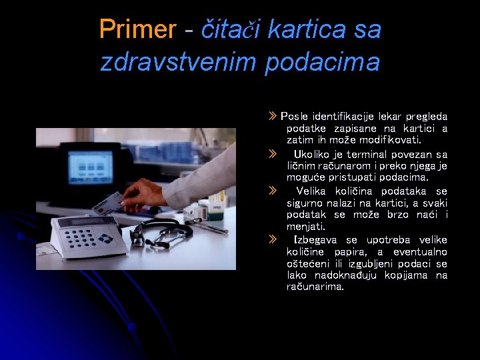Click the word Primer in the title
click(137, 29)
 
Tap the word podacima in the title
click(322, 62)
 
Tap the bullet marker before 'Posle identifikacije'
click(271, 117)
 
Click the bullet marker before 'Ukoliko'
click(271, 154)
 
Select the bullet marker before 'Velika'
click(271, 191)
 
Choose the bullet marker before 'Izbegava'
click(271, 239)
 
